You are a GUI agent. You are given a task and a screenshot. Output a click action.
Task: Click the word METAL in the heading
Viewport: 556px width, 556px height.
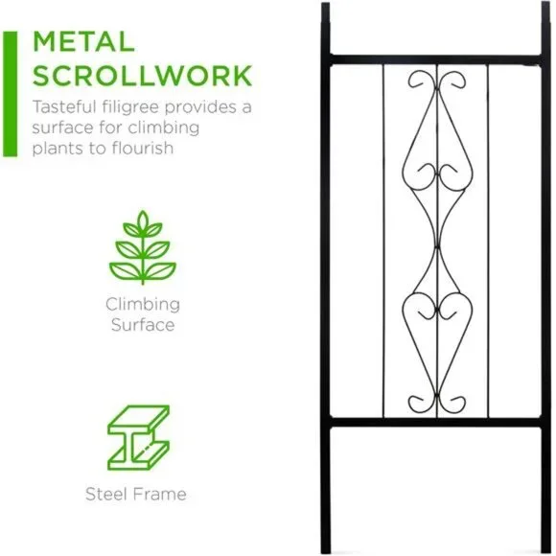[x=83, y=42]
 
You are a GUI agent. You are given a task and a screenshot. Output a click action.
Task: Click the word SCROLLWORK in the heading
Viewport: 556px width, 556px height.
[x=142, y=76]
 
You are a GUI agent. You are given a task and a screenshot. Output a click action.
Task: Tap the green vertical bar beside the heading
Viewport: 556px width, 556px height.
[x=10, y=94]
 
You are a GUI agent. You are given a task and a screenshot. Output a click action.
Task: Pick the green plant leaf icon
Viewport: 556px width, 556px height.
[x=143, y=247]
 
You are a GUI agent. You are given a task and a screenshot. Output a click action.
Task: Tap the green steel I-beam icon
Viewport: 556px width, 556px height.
[x=138, y=438]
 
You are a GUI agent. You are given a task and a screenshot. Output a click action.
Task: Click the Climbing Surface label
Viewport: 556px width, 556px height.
[x=143, y=314]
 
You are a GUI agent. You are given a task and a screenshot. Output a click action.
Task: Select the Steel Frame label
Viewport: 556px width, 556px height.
[x=136, y=494]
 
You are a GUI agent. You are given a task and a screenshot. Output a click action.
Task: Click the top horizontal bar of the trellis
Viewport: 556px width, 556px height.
[x=436, y=59]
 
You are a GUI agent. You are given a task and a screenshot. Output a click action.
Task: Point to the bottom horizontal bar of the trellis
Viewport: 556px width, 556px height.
[x=436, y=422]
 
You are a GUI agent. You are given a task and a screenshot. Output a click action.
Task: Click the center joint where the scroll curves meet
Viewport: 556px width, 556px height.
[x=437, y=246]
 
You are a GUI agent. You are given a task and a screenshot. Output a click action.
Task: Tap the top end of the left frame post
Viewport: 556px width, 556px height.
[x=326, y=4]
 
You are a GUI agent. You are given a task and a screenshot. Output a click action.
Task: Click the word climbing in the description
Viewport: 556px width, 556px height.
[x=164, y=128]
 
